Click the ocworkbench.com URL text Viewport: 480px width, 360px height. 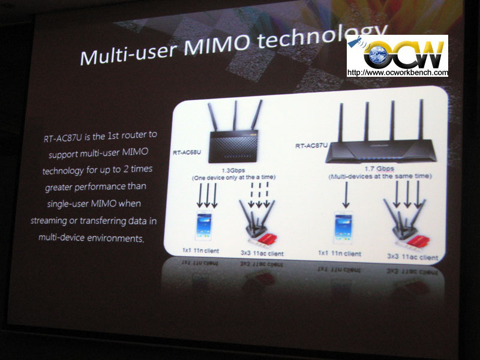(x=397, y=73)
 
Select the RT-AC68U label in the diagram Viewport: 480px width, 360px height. (x=187, y=152)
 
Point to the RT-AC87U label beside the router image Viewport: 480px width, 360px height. (x=311, y=145)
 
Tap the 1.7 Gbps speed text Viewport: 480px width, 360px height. (x=379, y=169)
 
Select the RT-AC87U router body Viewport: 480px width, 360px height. (x=381, y=151)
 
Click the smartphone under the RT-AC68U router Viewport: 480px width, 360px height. (x=204, y=226)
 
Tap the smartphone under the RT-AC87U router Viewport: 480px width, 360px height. (x=343, y=228)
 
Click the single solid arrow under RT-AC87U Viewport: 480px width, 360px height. (x=346, y=195)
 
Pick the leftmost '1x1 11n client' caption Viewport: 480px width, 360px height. (x=200, y=251)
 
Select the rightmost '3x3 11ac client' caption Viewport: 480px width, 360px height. (x=412, y=257)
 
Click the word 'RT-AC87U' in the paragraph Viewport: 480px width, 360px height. (x=63, y=138)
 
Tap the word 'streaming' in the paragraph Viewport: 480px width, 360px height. (x=49, y=221)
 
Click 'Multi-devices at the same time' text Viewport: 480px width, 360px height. (x=380, y=176)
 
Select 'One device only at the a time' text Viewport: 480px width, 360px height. (x=233, y=177)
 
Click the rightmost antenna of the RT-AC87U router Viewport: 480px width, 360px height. (x=421, y=120)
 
